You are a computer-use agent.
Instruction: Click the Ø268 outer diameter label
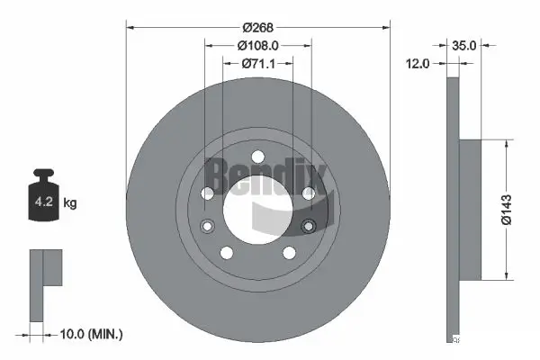(x=258, y=26)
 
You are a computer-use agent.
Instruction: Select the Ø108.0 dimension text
(x=258, y=45)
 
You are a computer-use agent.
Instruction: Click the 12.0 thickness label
(x=420, y=63)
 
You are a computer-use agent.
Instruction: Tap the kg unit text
(x=70, y=203)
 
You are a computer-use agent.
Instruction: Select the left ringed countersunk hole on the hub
(x=208, y=225)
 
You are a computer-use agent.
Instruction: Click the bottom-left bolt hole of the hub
(x=226, y=252)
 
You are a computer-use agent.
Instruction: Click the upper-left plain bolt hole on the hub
(x=208, y=193)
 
